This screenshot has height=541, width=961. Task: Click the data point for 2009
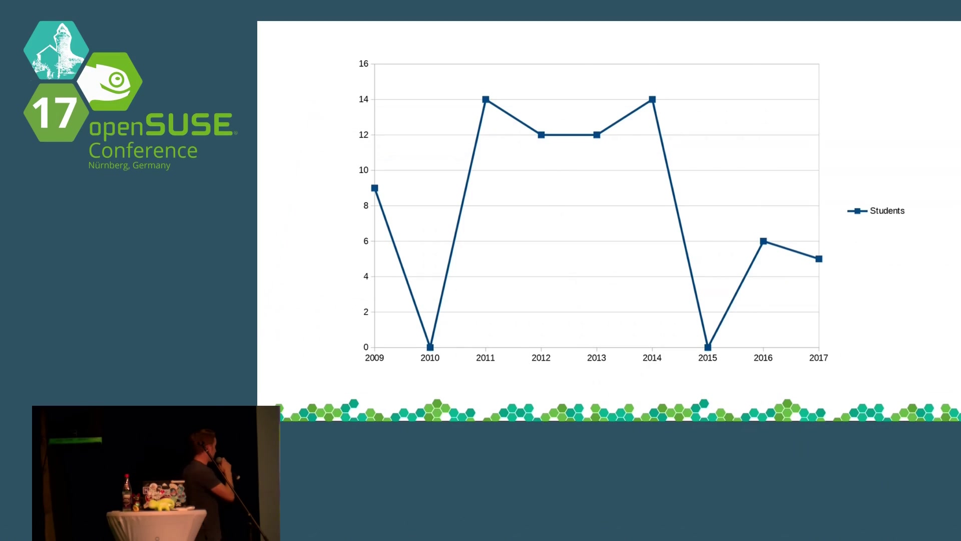click(x=374, y=188)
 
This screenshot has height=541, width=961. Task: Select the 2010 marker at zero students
click(x=430, y=347)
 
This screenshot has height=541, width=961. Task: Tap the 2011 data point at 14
click(x=486, y=100)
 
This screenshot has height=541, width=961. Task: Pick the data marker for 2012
click(x=541, y=135)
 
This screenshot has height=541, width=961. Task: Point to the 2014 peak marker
click(x=652, y=100)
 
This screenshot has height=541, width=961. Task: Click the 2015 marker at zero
click(x=708, y=347)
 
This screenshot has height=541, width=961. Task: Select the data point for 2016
click(x=763, y=241)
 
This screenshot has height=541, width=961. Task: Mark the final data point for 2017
click(x=819, y=259)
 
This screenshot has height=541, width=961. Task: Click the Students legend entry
click(x=876, y=211)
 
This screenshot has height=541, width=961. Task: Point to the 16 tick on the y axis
click(x=363, y=64)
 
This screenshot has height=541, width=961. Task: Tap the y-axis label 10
click(x=363, y=170)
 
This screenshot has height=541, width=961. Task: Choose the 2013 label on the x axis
click(x=597, y=358)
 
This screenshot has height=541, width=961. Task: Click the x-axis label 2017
click(x=819, y=358)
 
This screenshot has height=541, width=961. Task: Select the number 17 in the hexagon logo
click(x=55, y=113)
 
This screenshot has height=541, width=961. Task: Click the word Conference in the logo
click(x=143, y=150)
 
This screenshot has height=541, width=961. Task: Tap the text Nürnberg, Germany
click(x=129, y=165)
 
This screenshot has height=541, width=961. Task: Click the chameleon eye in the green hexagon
click(x=117, y=79)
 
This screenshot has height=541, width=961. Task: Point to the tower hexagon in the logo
click(x=56, y=50)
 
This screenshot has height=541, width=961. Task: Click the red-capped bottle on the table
click(x=127, y=492)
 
